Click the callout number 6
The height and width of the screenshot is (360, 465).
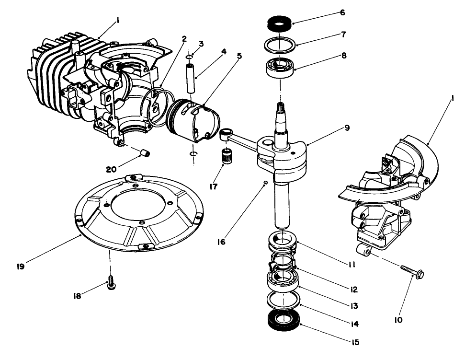tap(342, 13)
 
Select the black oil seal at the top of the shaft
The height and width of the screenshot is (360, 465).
tap(279, 23)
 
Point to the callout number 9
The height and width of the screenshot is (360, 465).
tap(347, 128)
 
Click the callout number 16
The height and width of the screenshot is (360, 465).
tap(221, 242)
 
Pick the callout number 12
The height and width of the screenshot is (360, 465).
tap(354, 290)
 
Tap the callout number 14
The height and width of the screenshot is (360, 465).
tap(354, 324)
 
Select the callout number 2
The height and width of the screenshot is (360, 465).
tap(184, 39)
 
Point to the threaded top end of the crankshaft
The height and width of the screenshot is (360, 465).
tap(281, 108)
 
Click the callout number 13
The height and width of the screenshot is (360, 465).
tap(354, 306)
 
